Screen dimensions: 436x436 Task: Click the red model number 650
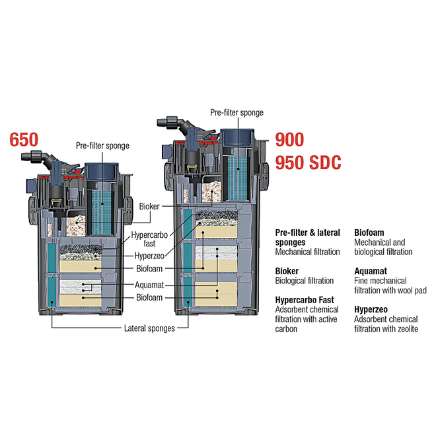coord(24,140)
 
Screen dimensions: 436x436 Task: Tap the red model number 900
coord(289,140)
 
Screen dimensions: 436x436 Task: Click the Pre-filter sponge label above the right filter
coord(236,113)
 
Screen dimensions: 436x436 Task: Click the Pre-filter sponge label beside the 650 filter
coord(102,145)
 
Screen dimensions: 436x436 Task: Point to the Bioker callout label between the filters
coord(149,207)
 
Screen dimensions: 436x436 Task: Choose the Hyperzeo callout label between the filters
coord(149,256)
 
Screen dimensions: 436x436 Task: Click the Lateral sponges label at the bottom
coord(149,328)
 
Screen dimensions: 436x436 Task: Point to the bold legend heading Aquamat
coord(371,271)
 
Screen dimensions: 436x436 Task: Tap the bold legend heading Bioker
coord(287,271)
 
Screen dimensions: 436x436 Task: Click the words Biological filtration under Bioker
coord(305,281)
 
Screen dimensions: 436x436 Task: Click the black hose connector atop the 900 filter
coord(170,122)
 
